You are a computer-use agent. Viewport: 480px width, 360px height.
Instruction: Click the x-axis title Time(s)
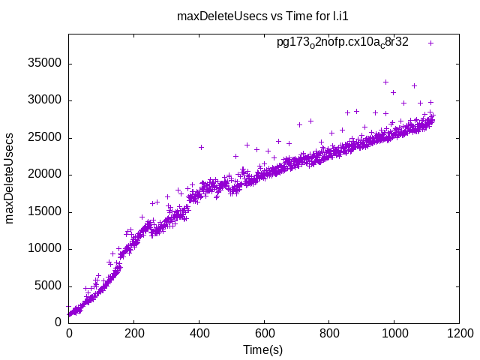(262, 349)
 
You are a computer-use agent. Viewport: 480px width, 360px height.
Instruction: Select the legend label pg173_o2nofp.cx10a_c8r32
(343, 43)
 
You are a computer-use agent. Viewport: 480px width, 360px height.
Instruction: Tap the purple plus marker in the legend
(430, 43)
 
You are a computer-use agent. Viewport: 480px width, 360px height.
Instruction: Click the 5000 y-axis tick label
(47, 286)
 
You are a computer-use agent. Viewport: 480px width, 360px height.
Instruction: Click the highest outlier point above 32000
(386, 82)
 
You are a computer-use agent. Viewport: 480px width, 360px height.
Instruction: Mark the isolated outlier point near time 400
(201, 147)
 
